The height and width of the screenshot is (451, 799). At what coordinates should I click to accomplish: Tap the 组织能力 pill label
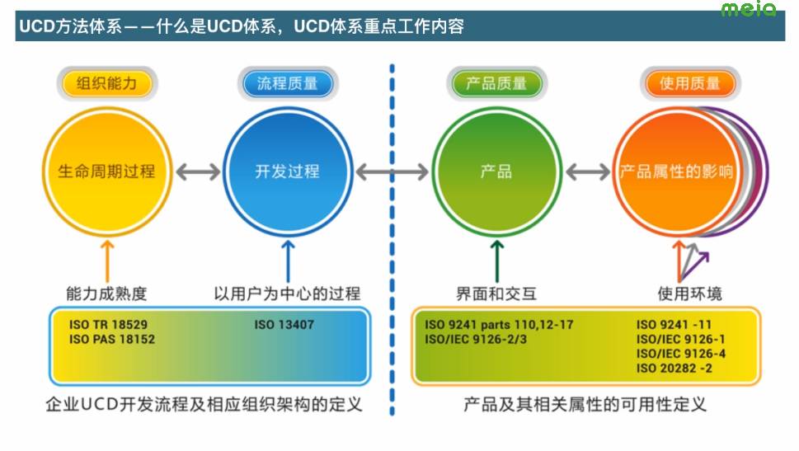pyautogui.click(x=106, y=84)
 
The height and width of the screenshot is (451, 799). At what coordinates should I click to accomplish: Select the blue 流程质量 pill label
pyautogui.click(x=288, y=84)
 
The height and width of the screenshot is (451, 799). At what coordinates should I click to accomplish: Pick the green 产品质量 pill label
pyautogui.click(x=496, y=84)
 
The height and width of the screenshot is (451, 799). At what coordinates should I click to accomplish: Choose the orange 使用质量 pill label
pyautogui.click(x=690, y=84)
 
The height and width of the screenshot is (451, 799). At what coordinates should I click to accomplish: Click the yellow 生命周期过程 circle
pyautogui.click(x=107, y=171)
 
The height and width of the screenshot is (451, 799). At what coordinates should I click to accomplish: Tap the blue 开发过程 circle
pyautogui.click(x=287, y=171)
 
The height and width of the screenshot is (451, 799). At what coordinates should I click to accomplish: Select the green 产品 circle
pyautogui.click(x=496, y=171)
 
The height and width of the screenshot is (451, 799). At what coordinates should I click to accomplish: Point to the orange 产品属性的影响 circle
pyautogui.click(x=676, y=171)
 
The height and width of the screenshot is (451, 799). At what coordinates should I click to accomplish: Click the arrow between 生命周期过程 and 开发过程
pyautogui.click(x=198, y=171)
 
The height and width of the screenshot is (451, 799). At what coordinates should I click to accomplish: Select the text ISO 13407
pyautogui.click(x=284, y=325)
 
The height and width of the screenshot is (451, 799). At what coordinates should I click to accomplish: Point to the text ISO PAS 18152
pyautogui.click(x=112, y=339)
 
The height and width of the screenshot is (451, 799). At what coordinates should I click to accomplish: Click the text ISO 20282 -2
pyautogui.click(x=674, y=367)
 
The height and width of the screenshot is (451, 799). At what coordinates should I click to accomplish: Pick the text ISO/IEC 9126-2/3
pyautogui.click(x=476, y=339)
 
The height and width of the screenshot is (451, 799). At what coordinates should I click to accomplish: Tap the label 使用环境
pyautogui.click(x=689, y=294)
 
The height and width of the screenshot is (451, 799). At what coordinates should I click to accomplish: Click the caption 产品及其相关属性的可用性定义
pyautogui.click(x=585, y=405)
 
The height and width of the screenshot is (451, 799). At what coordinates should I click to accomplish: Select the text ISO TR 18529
pyautogui.click(x=109, y=325)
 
